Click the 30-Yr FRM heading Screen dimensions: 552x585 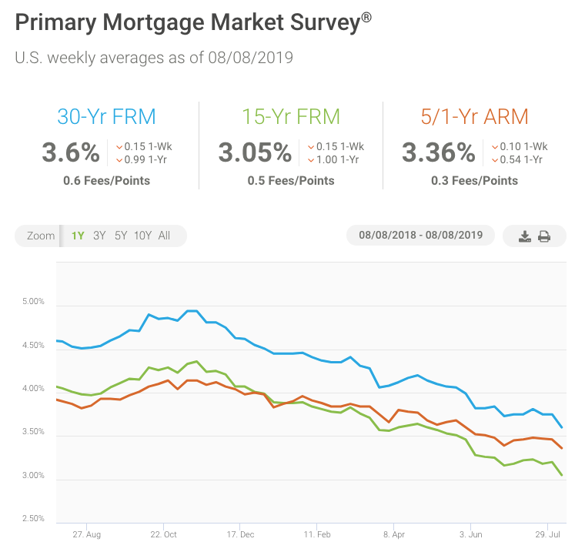pos(106,117)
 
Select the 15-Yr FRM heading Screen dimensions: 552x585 pos(291,117)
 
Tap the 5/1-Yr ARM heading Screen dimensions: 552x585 pos(474,117)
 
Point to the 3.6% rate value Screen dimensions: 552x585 pos(71,152)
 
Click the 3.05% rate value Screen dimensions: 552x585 pos(254,152)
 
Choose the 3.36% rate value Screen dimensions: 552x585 pos(438,152)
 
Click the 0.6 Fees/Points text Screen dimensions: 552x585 pos(106,181)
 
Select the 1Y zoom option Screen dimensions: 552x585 pos(78,236)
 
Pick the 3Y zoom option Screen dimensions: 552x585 pos(99,236)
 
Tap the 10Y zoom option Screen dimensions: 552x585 pos(142,236)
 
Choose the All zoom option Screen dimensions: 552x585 pos(164,236)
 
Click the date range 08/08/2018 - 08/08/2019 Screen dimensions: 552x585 pos(420,236)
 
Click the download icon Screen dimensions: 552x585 pos(525,236)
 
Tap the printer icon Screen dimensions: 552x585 pos(544,236)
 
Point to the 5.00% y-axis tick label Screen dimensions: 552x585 pos(34,302)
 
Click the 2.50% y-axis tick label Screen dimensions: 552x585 pos(34,519)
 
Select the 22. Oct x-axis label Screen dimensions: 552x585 pos(163,533)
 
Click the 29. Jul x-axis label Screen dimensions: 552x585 pos(547,533)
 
